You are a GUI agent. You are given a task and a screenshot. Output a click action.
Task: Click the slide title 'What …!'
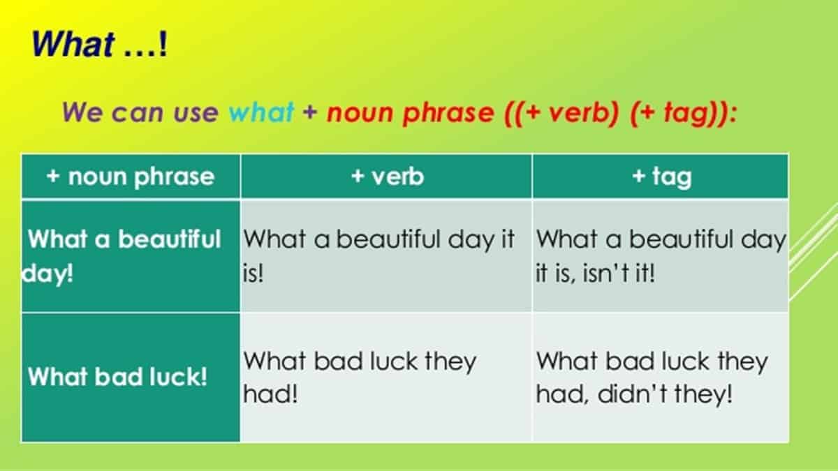pos(99,44)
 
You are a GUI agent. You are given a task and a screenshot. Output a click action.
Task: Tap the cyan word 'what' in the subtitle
pos(261,112)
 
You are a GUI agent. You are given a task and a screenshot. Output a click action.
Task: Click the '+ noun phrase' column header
pos(131,176)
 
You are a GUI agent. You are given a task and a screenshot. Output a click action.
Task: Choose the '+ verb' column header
pos(387,176)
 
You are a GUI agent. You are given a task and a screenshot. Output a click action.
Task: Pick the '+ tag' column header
pos(661,176)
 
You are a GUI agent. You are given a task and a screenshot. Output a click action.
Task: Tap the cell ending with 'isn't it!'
pos(661,256)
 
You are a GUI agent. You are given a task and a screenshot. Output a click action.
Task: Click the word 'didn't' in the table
pos(632,394)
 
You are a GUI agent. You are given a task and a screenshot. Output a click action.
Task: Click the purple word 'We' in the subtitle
pos(82,112)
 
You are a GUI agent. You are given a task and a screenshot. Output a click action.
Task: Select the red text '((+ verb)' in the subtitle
pos(562,113)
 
